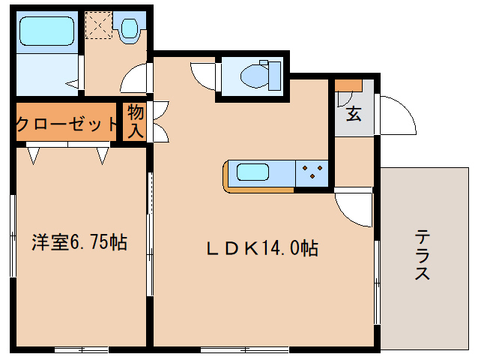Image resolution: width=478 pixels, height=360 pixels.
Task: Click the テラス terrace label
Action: (422, 255)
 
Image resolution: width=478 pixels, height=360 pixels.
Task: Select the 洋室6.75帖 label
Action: (79, 242)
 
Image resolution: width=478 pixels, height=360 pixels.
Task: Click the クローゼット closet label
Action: (67, 124)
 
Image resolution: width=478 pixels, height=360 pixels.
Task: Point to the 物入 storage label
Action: (136, 121)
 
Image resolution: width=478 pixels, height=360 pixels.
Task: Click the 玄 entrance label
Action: (352, 115)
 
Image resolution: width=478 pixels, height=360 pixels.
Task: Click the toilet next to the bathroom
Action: (130, 28)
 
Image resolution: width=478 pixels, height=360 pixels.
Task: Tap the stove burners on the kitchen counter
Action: (312, 174)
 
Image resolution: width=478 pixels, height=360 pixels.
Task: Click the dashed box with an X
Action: (97, 26)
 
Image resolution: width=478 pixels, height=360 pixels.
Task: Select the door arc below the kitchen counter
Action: (355, 205)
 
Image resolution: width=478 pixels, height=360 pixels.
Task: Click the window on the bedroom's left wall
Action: (13, 236)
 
